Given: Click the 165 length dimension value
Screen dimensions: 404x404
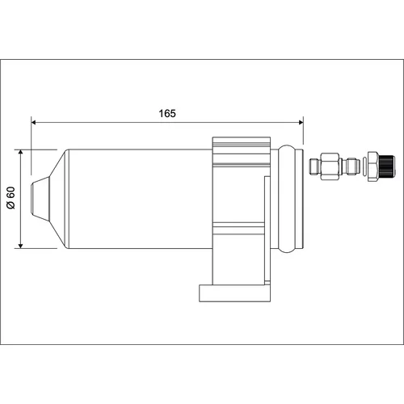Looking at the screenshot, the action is (167, 114).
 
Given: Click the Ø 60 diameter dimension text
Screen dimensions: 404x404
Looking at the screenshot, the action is (11, 198).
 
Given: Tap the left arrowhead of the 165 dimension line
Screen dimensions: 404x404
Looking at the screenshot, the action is (34, 123).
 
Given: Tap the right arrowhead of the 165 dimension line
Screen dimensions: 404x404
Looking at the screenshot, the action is (301, 123).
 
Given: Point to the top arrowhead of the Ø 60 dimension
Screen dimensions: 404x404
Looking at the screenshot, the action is (21, 152).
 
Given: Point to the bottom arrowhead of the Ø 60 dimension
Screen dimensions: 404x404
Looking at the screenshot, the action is (21, 246).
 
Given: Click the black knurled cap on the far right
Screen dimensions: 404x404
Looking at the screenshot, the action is (387, 166).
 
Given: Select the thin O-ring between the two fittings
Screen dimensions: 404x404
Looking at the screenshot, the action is (364, 166).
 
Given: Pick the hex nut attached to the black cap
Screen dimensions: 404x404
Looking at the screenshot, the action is (373, 166).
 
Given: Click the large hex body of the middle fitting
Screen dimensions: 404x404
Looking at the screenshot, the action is (330, 166).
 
